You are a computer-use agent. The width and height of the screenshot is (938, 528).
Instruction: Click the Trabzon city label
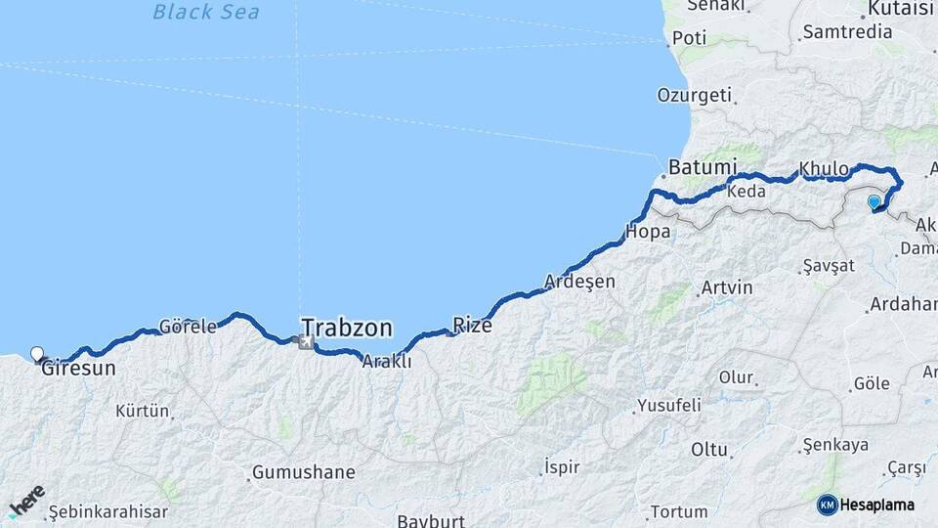pos(346,327)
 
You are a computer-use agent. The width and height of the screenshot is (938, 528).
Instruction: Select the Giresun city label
pos(78,370)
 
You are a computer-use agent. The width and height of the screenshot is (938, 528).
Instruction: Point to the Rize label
pos(472,326)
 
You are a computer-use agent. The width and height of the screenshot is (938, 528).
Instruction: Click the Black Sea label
pos(206,13)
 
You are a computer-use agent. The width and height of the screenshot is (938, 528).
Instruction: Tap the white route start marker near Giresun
pos(37,354)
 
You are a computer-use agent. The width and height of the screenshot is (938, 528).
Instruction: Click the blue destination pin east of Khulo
pos(874,202)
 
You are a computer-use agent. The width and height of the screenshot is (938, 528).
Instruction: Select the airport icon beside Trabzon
pos(306,342)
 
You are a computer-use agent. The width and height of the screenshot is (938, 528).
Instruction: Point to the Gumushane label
pos(303,472)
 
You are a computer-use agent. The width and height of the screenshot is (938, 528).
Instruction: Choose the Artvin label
pos(727,288)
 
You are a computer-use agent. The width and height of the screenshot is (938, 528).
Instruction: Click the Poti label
pos(689,38)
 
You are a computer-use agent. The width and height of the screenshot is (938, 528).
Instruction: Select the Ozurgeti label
pos(694,95)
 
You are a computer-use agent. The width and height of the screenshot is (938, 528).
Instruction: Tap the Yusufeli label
pos(668,404)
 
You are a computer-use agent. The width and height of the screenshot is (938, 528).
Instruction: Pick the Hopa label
pos(647,233)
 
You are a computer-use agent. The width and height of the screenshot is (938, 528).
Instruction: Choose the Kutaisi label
pos(901,10)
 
